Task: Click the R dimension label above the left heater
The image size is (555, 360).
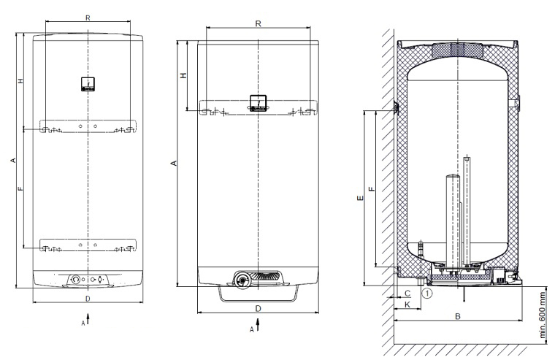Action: (x=88, y=18)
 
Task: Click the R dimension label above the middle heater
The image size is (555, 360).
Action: (x=258, y=23)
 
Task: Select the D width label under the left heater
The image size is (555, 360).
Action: (x=88, y=299)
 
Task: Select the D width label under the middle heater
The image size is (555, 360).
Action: (x=258, y=309)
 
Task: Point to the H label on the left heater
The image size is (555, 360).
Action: (x=21, y=81)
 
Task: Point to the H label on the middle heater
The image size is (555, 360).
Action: (x=183, y=75)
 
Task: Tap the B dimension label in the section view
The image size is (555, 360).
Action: (x=458, y=316)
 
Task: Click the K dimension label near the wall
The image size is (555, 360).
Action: (x=407, y=304)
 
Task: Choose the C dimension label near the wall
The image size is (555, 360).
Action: (x=407, y=294)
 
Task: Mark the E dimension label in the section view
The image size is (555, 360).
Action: (x=360, y=198)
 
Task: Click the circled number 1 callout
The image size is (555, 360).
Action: (x=428, y=293)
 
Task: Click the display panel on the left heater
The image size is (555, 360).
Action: (x=88, y=84)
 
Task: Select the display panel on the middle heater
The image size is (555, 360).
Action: (x=258, y=102)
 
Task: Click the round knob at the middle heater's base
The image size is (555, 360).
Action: (x=242, y=280)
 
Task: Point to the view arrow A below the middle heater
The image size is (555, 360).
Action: (x=258, y=325)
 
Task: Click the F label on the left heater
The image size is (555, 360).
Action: (x=21, y=188)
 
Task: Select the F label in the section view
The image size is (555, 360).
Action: (x=371, y=188)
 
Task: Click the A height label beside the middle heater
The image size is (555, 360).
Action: (x=174, y=163)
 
